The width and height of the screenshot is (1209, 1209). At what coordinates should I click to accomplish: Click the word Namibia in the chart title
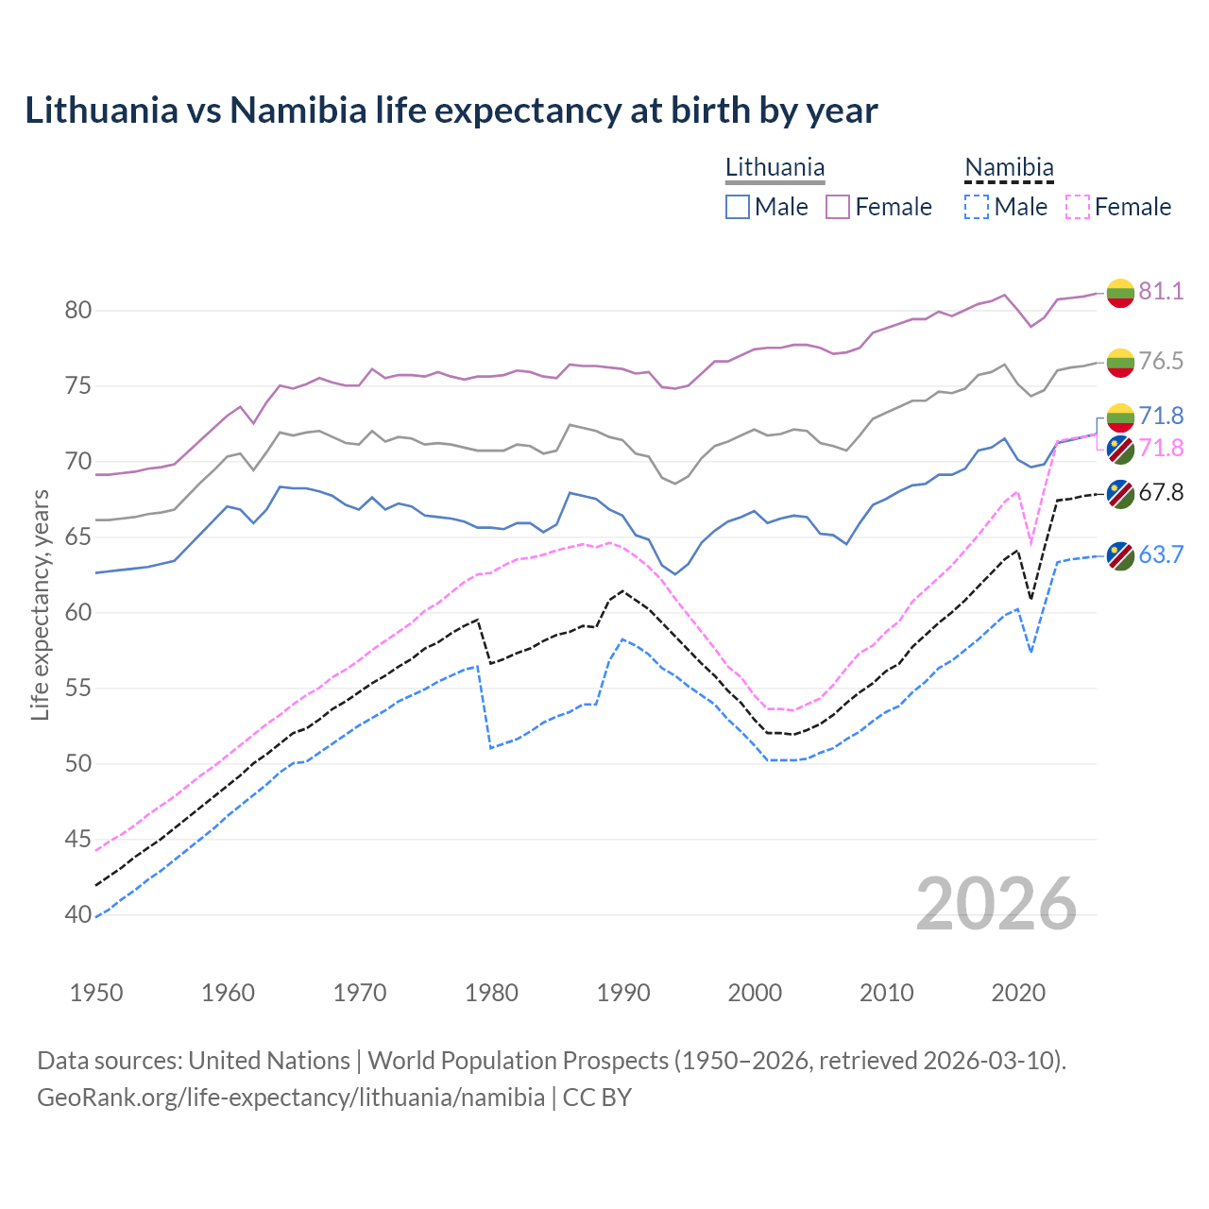click(x=298, y=111)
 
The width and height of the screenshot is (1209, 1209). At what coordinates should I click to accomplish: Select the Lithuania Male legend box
click(x=738, y=207)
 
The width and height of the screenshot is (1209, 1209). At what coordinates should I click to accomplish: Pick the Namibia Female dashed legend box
click(x=1078, y=207)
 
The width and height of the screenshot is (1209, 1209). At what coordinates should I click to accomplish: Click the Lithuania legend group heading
click(x=775, y=168)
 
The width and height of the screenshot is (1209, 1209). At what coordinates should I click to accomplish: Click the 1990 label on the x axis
click(x=623, y=993)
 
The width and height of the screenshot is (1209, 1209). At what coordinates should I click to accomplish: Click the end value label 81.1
click(x=1160, y=291)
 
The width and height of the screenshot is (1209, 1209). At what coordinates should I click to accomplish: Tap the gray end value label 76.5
click(x=1160, y=361)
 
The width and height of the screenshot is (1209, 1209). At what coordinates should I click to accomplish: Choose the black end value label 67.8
click(x=1160, y=492)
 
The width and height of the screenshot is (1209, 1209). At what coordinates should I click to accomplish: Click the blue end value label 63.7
click(x=1160, y=554)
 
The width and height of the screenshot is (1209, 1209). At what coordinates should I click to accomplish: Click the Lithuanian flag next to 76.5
click(x=1120, y=362)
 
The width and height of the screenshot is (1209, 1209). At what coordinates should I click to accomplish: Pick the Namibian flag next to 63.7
click(x=1120, y=555)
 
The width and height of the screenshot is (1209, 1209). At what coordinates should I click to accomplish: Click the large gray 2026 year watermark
click(x=996, y=904)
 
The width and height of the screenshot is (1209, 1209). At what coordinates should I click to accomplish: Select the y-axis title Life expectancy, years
click(x=40, y=604)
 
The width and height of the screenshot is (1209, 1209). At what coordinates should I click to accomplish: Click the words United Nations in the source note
click(x=269, y=1061)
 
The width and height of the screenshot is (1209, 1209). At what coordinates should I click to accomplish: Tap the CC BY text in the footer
click(x=597, y=1098)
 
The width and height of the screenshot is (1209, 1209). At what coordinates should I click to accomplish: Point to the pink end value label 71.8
click(x=1160, y=448)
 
